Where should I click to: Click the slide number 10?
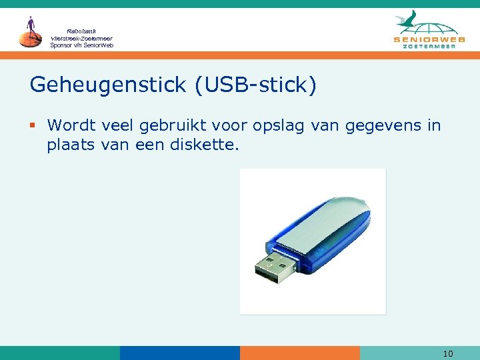coord(448,353)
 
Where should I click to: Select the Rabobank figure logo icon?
coord(30,32)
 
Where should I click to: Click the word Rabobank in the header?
coord(81,31)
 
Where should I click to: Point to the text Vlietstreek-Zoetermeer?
coord(81,38)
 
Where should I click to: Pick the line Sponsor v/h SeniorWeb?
coord(81,45)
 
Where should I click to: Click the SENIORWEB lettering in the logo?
coord(429,40)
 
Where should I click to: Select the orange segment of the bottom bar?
coord(299,353)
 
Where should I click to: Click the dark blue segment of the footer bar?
coord(179,353)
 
